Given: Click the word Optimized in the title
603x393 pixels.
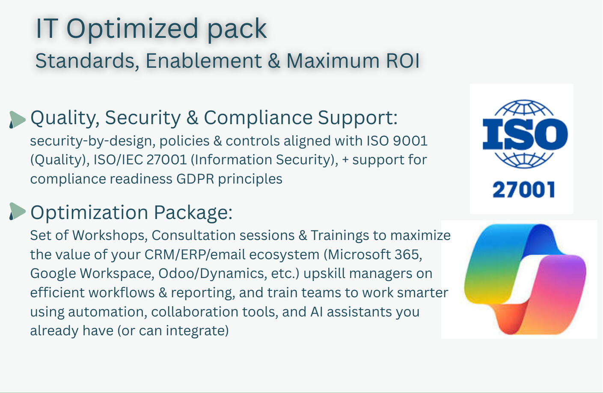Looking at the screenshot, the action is pyautogui.click(x=132, y=30).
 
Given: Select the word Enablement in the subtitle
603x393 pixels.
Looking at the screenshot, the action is pyautogui.click(x=204, y=61).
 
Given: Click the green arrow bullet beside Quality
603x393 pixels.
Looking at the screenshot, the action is pyautogui.click(x=18, y=119).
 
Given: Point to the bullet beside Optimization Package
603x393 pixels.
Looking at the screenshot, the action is pyautogui.click(x=18, y=211).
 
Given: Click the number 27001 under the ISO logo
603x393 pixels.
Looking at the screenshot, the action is pyautogui.click(x=523, y=189).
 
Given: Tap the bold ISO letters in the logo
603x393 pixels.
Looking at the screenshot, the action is pyautogui.click(x=525, y=134).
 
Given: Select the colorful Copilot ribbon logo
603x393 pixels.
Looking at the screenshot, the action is pyautogui.click(x=525, y=279).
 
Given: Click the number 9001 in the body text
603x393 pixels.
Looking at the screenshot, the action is pyautogui.click(x=410, y=141).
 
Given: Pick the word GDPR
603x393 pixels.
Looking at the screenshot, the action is pyautogui.click(x=195, y=179).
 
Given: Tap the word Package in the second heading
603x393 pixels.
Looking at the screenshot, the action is pyautogui.click(x=193, y=213).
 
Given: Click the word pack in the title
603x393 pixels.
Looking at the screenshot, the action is pyautogui.click(x=237, y=30).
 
